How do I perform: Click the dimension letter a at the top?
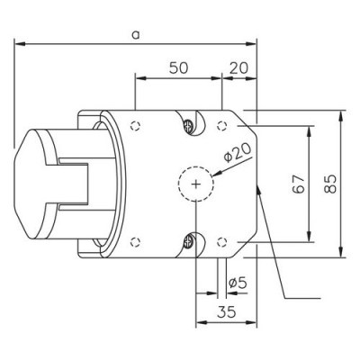pos(134,33)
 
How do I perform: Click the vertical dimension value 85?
pos(330,184)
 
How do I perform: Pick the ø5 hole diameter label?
pos(238,283)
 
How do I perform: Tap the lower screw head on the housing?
pos(189,240)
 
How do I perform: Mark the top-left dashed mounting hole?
pos(135,125)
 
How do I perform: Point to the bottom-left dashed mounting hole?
pos(135,241)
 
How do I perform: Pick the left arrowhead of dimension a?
pos(18,41)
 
